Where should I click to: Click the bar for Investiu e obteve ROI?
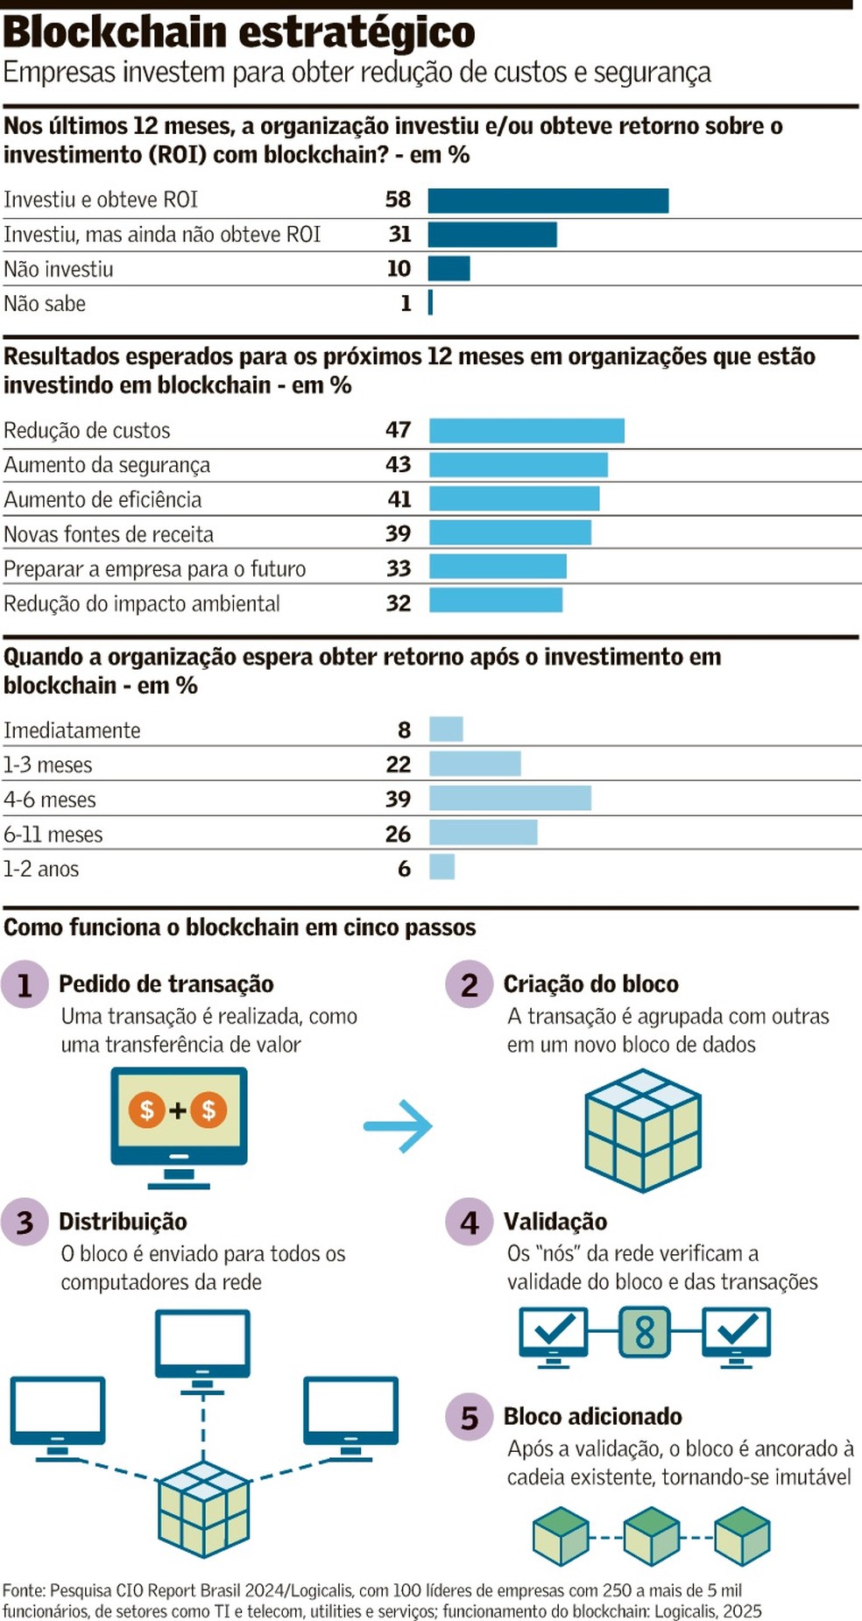[548, 201]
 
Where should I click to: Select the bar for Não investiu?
[449, 269]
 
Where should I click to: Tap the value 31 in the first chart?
[399, 235]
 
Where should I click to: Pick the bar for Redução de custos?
[526, 431]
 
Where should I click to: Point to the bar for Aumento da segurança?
[518, 465]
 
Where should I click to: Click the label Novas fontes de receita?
[109, 534]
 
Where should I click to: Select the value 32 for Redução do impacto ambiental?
[399, 603]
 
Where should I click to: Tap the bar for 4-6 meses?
[510, 799]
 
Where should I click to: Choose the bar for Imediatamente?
[446, 729]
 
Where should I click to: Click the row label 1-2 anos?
[41, 870]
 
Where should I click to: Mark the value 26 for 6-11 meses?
[398, 835]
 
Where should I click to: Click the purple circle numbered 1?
[25, 985]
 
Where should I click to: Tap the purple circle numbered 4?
[470, 1223]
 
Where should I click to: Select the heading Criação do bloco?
[590, 984]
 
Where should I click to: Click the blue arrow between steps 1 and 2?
[399, 1126]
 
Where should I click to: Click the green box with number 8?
[645, 1332]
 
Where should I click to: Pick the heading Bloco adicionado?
[592, 1417]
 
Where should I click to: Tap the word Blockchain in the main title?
[115, 33]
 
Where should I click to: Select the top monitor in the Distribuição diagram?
[202, 1346]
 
